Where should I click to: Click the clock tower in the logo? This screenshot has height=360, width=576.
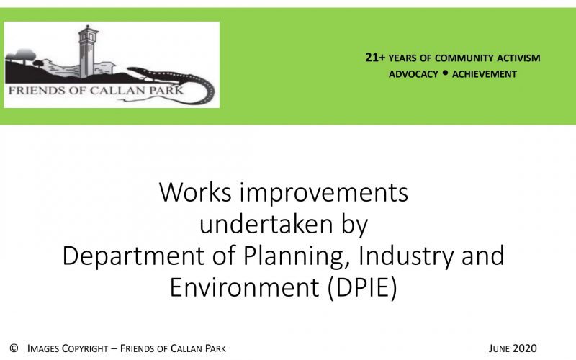(88, 50)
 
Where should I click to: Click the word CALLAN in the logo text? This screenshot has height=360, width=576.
(117, 91)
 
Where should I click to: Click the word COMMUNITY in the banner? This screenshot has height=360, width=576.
(464, 58)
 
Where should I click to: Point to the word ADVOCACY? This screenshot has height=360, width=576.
(413, 74)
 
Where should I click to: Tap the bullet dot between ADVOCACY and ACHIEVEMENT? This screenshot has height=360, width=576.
(445, 73)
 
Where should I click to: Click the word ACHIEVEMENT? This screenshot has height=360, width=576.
(485, 74)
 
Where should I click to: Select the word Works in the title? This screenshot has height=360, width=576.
(195, 192)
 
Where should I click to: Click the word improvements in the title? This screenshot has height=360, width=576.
(324, 194)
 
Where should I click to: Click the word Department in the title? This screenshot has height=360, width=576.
(133, 256)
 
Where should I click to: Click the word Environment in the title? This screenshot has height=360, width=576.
(244, 287)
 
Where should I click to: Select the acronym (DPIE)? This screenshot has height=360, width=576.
(362, 288)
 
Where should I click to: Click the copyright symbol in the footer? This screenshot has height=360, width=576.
(14, 348)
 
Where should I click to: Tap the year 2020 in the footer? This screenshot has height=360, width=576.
(524, 348)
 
